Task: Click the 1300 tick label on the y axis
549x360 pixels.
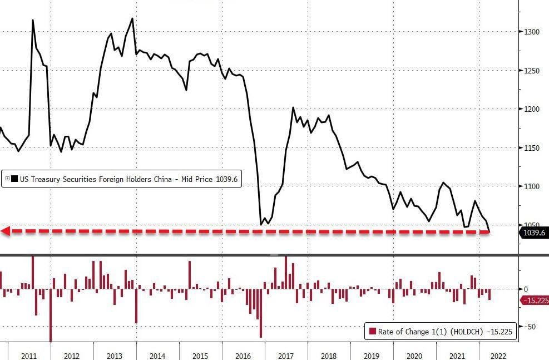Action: click(x=532, y=32)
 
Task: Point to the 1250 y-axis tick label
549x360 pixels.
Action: click(x=532, y=71)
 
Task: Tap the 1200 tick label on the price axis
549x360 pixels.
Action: click(x=532, y=109)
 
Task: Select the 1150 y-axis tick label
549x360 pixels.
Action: click(x=532, y=148)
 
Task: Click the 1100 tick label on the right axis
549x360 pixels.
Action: click(x=532, y=186)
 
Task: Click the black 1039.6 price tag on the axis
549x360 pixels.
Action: click(x=533, y=233)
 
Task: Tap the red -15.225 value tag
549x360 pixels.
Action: click(x=535, y=300)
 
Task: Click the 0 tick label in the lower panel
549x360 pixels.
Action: click(x=526, y=289)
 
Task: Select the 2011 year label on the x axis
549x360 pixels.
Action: click(x=29, y=356)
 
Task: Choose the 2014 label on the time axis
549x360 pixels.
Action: click(x=157, y=356)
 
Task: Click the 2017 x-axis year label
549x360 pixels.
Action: click(x=286, y=356)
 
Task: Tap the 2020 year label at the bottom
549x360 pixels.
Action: click(x=414, y=356)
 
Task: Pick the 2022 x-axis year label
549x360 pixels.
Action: click(x=498, y=356)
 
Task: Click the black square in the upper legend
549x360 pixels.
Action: click(x=14, y=179)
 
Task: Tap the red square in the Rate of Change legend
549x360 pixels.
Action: click(x=373, y=331)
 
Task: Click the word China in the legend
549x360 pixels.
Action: click(x=163, y=179)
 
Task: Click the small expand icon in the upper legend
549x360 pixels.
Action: click(x=7, y=179)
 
